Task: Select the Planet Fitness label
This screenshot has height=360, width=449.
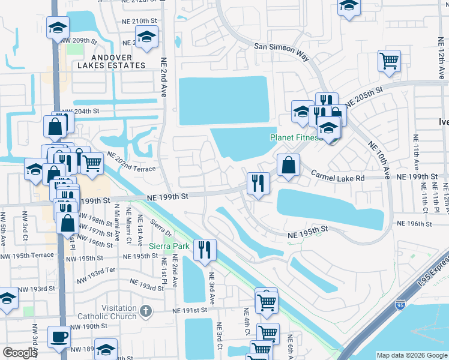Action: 295,137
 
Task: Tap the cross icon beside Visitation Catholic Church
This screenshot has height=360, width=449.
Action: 144,311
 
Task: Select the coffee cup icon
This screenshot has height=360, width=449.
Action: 59,337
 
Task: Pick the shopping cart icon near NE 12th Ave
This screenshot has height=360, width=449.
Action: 389,61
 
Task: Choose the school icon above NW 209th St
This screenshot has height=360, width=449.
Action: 58,27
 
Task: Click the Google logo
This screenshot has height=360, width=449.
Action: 20,353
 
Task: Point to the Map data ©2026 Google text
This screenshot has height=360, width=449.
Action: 411,355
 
